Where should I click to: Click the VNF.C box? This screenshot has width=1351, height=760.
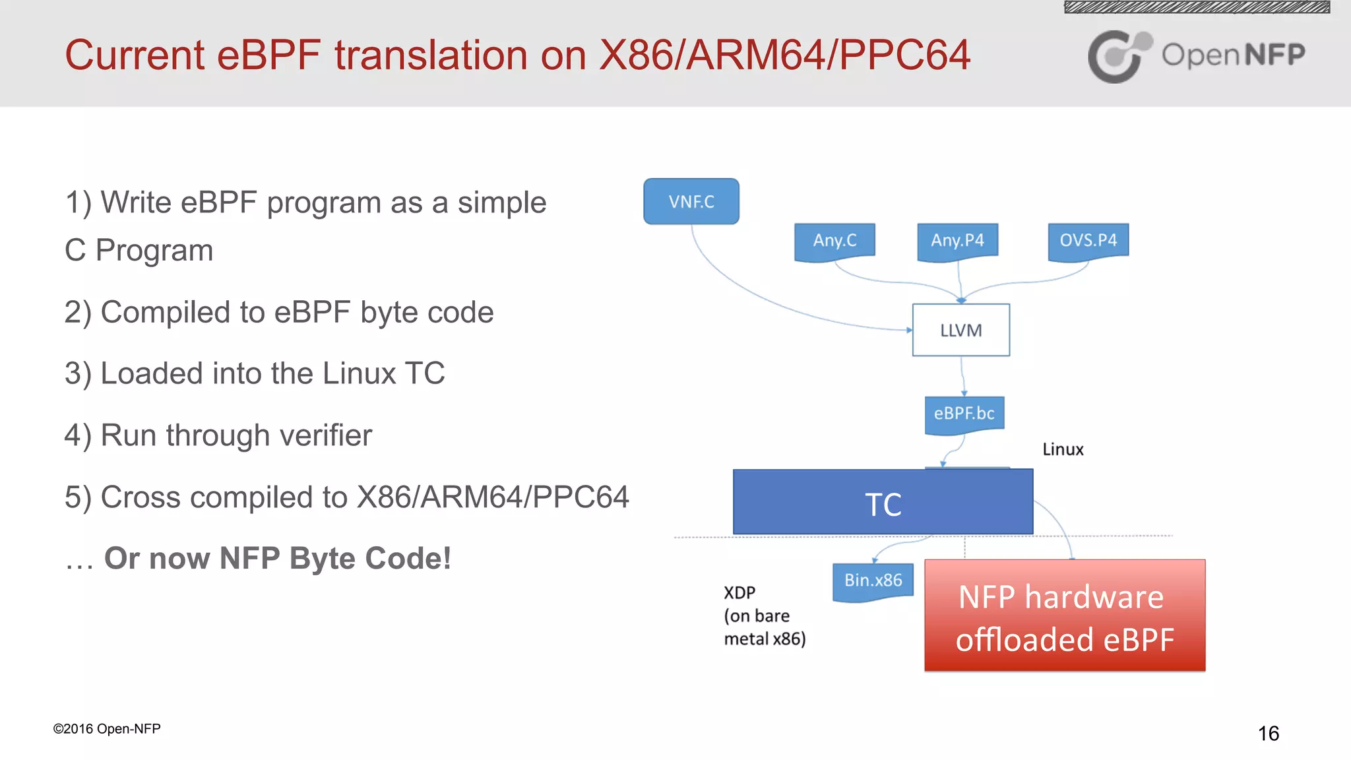691,201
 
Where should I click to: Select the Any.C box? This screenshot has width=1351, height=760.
834,240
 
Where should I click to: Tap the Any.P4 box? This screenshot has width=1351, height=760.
957,240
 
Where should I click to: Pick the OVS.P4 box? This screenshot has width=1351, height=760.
1088,240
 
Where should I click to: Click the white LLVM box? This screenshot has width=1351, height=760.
960,330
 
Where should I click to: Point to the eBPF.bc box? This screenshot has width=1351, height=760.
964,414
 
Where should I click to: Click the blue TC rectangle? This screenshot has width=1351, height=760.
883,503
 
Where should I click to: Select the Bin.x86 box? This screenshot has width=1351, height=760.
873,581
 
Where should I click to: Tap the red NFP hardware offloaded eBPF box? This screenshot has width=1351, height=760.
1065,616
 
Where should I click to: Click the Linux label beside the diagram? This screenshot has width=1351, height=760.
1063,449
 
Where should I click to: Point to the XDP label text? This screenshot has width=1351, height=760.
739,592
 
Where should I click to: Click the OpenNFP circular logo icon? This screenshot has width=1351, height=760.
1118,56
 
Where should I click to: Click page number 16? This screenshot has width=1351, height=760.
1268,733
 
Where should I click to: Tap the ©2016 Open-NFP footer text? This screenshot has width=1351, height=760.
107,728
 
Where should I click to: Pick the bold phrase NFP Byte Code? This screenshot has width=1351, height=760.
335,558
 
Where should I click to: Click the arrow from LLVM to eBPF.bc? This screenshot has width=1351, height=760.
962,376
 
